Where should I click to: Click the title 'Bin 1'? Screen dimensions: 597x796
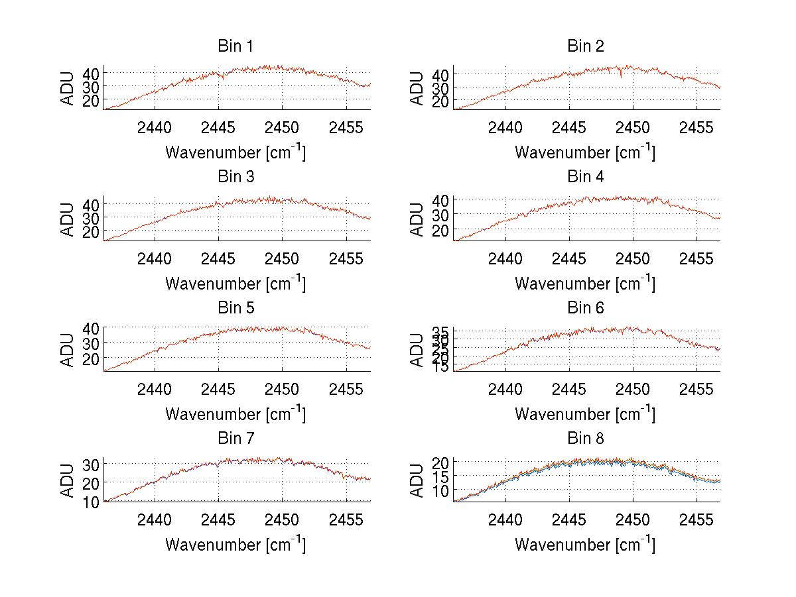coord(235,46)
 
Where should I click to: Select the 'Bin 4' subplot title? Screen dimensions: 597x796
coord(586,177)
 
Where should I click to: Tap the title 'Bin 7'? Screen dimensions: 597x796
coord(235,439)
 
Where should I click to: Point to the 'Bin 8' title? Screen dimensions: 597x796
coord(586,439)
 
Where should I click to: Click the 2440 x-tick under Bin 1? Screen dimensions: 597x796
coord(155,127)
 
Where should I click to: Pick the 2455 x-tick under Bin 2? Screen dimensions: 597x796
coord(696,127)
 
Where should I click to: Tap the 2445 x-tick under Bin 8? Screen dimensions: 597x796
coord(568,519)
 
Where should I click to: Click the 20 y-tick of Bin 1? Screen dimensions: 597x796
coord(90,100)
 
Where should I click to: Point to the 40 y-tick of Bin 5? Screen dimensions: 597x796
coord(90,328)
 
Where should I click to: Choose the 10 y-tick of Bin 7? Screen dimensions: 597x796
coord(90,502)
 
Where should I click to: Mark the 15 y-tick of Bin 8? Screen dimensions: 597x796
coord(440,476)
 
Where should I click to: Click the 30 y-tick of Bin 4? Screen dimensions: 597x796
coord(440,214)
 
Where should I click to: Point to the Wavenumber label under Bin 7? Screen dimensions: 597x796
coord(235,545)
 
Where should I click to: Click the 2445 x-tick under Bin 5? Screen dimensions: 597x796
coord(219,389)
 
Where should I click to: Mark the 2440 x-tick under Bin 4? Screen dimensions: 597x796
coord(505,258)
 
